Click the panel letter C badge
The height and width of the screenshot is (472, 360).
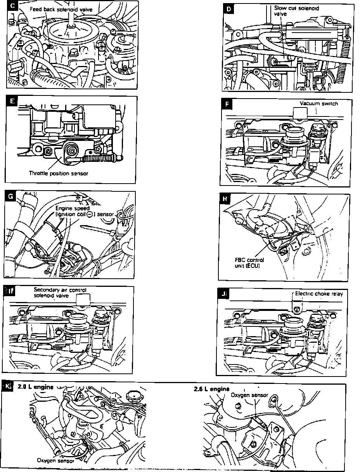tap(12, 6)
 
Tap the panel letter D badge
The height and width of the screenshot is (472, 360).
tap(228, 9)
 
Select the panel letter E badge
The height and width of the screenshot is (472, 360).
tap(12, 101)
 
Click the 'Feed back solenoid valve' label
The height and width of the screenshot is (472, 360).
tap(61, 9)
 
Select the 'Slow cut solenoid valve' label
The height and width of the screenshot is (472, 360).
tap(296, 10)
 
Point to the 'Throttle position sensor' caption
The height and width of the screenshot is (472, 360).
tap(59, 173)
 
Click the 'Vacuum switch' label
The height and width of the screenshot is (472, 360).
tap(319, 104)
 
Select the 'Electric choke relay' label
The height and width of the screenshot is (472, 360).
tap(319, 294)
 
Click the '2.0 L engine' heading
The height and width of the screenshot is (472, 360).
tap(35, 387)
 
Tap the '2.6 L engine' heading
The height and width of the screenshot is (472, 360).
tap(211, 389)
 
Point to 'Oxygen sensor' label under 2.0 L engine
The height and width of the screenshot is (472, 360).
tap(55, 461)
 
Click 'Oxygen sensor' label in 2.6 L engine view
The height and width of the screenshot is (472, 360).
tap(249, 395)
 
